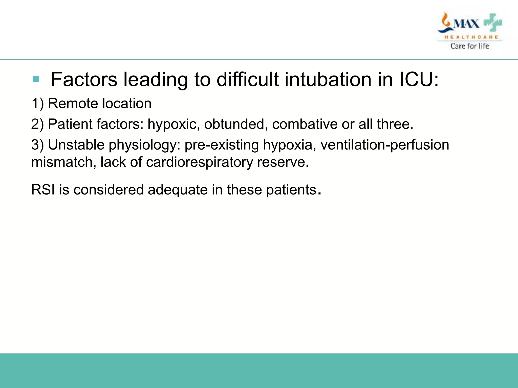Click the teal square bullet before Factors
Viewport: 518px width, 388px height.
36,79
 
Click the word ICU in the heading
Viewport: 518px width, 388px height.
416,80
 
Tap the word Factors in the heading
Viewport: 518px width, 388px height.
84,80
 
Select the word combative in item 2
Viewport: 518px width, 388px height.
305,124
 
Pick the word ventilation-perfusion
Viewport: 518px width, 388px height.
385,145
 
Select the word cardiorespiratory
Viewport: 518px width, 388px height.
199,162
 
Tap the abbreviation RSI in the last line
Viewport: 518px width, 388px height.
43,190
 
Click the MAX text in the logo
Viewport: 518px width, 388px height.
466,24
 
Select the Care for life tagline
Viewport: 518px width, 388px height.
470,46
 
